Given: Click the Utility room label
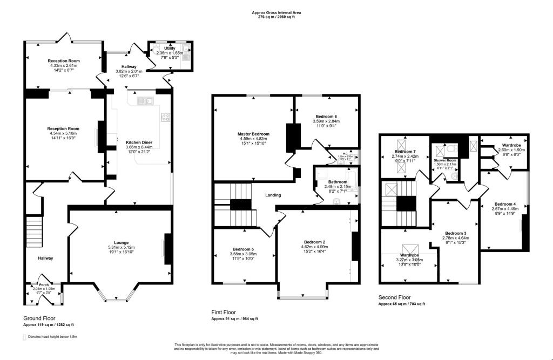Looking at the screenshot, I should pyautogui.click(x=170, y=49).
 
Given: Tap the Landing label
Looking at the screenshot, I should pyautogui.click(x=273, y=195).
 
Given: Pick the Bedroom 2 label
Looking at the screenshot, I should pyautogui.click(x=314, y=242).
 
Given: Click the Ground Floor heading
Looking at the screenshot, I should pyautogui.click(x=39, y=318).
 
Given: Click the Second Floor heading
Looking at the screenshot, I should pyautogui.click(x=394, y=297).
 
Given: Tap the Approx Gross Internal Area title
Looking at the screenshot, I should pyautogui.click(x=276, y=12).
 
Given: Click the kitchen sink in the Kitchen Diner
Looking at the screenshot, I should pyautogui.click(x=145, y=100).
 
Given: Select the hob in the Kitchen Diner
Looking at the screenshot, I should pyautogui.click(x=165, y=117).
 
